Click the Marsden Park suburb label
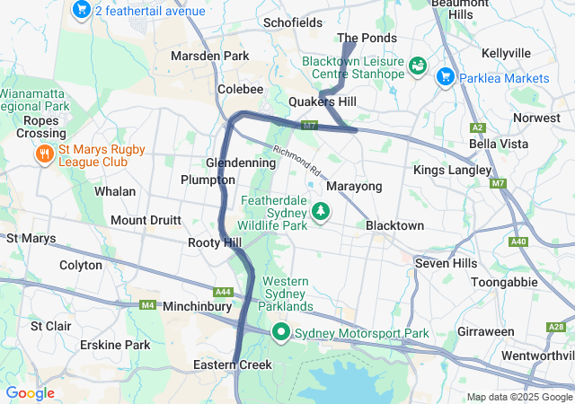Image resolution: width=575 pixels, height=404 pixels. point(209,56)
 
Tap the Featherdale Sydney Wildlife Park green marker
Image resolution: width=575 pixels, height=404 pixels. point(320,212)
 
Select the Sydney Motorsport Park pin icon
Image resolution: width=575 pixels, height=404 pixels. point(281,333)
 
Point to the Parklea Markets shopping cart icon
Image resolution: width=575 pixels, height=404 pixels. point(445,78)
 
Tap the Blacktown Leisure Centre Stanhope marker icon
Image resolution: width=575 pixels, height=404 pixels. point(417,66)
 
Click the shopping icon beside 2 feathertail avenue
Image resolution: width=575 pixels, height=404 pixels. point(82,11)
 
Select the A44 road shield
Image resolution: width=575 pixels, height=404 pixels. point(223,292)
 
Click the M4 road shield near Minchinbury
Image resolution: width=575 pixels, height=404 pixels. point(147,306)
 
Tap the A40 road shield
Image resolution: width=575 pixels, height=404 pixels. point(517,242)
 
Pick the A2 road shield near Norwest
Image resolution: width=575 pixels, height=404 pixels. point(478,127)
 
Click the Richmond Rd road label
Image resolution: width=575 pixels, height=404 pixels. point(296,161)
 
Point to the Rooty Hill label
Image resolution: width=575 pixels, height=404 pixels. point(215,243)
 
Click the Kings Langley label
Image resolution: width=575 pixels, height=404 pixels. point(452,170)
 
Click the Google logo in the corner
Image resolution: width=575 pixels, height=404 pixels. point(30,393)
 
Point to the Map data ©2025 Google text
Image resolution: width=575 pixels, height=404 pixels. point(517,397)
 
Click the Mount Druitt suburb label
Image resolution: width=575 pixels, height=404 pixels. point(146,220)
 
